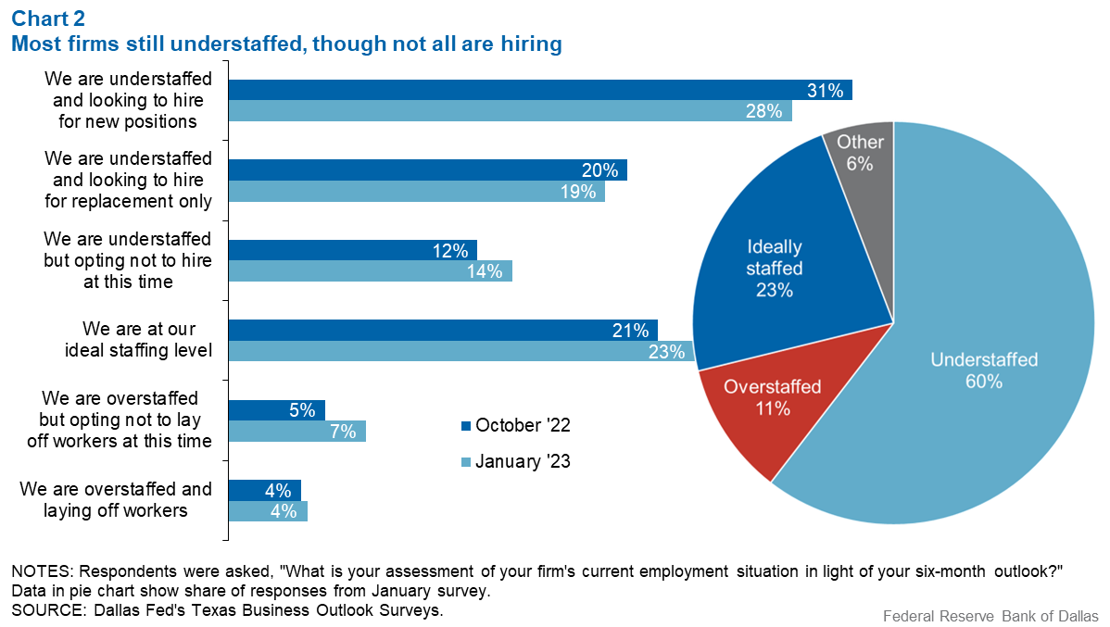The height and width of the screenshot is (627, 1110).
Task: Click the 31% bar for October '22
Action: coord(540,90)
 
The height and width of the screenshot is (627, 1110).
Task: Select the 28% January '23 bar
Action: coord(511,110)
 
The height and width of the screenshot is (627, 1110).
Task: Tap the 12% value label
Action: coord(450,250)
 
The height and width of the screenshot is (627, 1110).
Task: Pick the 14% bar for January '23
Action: coord(371,271)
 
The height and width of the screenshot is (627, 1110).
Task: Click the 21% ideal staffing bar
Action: coord(443,330)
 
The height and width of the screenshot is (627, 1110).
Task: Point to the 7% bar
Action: coord(297,431)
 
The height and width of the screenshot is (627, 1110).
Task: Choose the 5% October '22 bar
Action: coord(277,409)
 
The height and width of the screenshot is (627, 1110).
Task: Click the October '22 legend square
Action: coord(466,426)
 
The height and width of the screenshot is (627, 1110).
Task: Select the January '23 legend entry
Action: coord(515,462)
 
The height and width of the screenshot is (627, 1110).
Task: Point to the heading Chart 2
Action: coord(48,19)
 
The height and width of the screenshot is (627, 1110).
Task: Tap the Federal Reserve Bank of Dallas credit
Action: coord(990,617)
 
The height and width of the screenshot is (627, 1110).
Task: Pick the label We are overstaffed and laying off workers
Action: coord(116,499)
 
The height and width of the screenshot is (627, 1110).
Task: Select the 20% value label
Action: coord(600,170)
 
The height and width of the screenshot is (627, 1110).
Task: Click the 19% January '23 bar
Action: coord(417,191)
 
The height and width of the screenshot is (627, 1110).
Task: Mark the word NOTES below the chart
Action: coord(43,571)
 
